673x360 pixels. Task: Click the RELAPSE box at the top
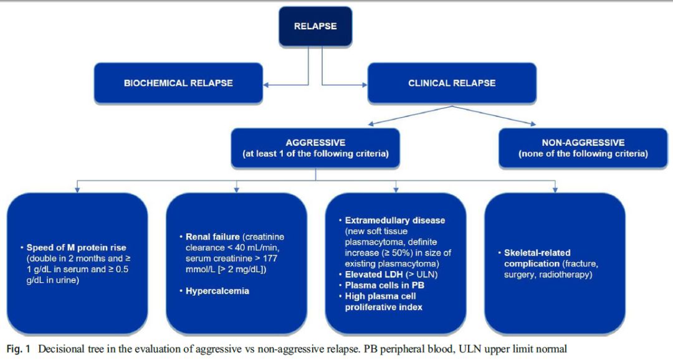click(315, 26)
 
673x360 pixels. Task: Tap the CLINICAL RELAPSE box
click(451, 83)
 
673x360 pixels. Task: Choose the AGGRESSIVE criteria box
click(315, 148)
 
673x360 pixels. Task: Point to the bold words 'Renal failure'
click(212, 237)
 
